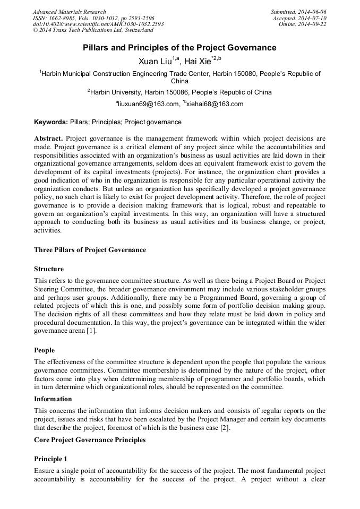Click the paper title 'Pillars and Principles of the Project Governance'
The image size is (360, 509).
(179, 48)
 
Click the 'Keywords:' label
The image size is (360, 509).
(51, 122)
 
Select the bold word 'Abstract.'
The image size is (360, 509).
(48, 138)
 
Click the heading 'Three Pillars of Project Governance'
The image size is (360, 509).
(90, 249)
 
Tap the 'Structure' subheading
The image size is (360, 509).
(49, 269)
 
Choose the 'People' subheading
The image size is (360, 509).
(45, 350)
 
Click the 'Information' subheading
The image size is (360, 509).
(53, 399)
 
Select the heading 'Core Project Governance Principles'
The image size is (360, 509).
(90, 440)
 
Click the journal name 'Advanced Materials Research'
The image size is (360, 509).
(69, 12)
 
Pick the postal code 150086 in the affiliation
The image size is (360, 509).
(177, 92)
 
